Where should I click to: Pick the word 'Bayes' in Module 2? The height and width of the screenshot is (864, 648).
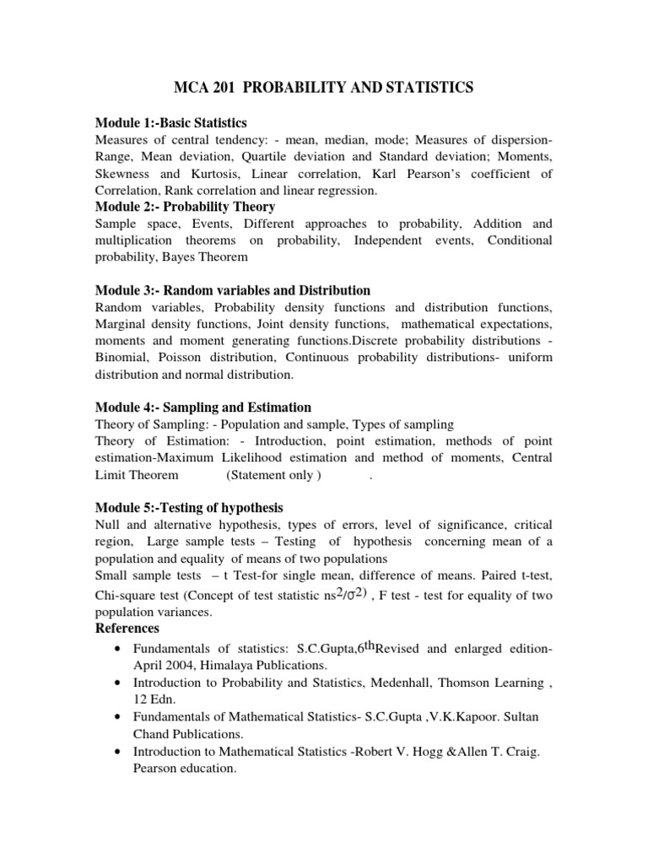(174, 256)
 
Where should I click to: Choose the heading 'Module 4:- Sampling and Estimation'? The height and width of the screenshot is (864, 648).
(203, 407)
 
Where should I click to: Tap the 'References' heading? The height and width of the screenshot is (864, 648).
(128, 629)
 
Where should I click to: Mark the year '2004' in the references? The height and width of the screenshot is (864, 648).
(183, 664)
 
